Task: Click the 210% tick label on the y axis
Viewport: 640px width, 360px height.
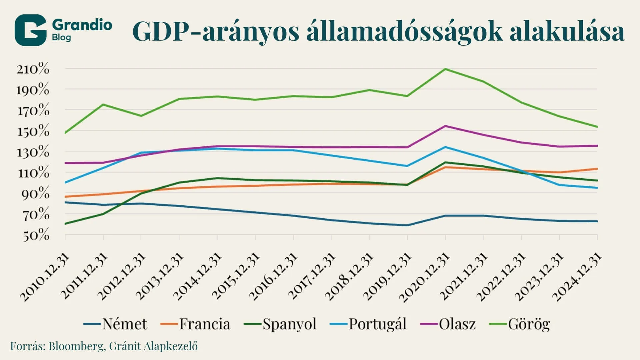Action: [x=33, y=69]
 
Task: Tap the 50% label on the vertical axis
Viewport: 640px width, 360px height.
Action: [x=36, y=235]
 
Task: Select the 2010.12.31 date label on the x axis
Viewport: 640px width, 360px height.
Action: [x=45, y=277]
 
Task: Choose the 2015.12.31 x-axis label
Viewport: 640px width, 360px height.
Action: [x=235, y=277]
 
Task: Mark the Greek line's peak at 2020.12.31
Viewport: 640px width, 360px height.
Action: [x=445, y=69]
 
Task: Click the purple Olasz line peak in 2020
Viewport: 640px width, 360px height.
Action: [x=445, y=126]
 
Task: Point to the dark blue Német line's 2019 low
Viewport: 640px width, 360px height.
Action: [x=407, y=225]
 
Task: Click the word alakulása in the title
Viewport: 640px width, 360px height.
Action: [x=567, y=32]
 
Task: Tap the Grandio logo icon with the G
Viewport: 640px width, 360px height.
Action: [x=30, y=30]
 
